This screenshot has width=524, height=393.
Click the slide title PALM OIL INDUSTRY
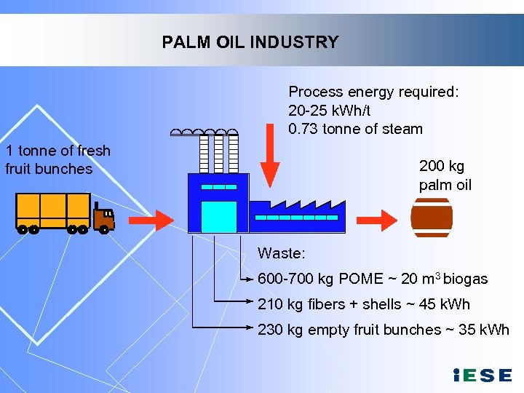pyautogui.click(x=250, y=42)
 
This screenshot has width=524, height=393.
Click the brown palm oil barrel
pyautogui.click(x=432, y=218)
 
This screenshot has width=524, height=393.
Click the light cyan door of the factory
pyautogui.click(x=219, y=216)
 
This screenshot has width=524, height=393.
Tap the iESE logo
pyautogui.click(x=482, y=376)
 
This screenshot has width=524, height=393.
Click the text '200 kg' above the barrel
pyautogui.click(x=441, y=165)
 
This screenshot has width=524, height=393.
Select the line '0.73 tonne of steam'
pyautogui.click(x=355, y=130)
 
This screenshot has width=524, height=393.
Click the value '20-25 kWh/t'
pyautogui.click(x=330, y=111)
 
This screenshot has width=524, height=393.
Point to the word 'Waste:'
pyautogui.click(x=282, y=253)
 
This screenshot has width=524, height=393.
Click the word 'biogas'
pyautogui.click(x=465, y=279)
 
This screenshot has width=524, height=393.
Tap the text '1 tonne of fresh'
pyautogui.click(x=58, y=151)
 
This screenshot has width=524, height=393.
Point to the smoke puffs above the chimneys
pyautogui.click(x=204, y=132)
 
